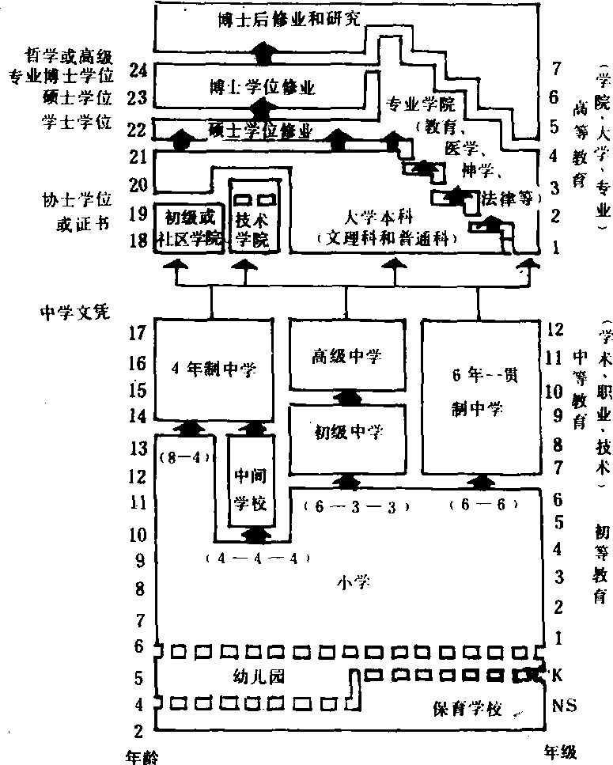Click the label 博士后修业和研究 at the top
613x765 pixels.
[289, 20]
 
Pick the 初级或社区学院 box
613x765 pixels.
[190, 226]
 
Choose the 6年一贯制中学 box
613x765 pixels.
[479, 392]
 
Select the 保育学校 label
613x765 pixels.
[467, 708]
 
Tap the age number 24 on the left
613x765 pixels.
[140, 71]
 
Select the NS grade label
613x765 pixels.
[558, 703]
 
